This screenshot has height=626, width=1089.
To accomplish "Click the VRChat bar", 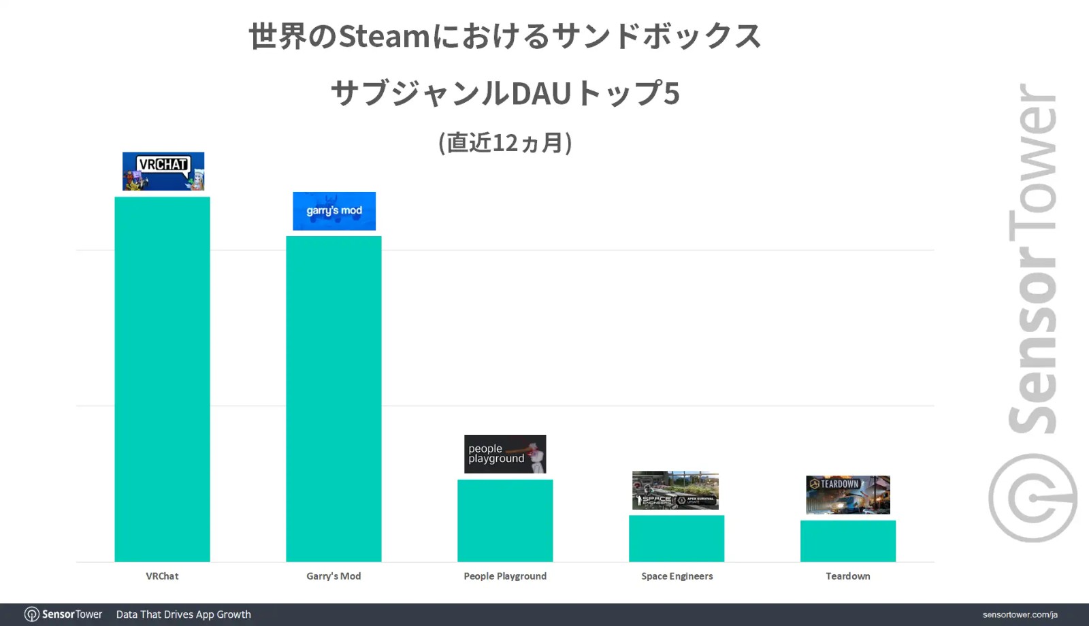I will tap(162, 379).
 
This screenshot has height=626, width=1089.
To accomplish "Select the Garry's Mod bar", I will tap(334, 399).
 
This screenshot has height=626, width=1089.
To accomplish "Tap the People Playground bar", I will tap(505, 521).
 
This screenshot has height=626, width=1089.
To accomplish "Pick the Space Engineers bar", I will tap(677, 538).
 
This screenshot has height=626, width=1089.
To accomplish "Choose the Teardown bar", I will tap(848, 541).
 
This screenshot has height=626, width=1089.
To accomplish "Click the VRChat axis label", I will tap(162, 576).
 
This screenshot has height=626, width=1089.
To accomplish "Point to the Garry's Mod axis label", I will tap(334, 576).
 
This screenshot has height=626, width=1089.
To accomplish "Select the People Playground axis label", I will tap(505, 576).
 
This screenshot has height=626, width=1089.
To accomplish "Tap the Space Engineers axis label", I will tap(677, 576).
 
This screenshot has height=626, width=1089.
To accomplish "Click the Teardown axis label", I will tap(848, 576).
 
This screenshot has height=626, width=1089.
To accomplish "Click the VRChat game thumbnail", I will tap(163, 171).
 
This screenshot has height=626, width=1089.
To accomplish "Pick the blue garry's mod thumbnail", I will tap(334, 211).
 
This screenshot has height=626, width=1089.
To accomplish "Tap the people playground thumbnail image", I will tap(505, 454).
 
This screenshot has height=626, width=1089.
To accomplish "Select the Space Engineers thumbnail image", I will tap(675, 490).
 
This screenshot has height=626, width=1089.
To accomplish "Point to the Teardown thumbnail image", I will tap(848, 495).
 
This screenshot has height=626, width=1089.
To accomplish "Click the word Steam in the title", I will tap(384, 37).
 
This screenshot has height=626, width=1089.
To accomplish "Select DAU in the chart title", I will tap(540, 94).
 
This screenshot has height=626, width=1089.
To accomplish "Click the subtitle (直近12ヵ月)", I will tap(505, 143).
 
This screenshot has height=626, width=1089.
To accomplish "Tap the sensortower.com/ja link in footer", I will tap(1020, 614).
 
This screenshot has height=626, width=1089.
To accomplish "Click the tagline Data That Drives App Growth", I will tap(184, 614).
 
